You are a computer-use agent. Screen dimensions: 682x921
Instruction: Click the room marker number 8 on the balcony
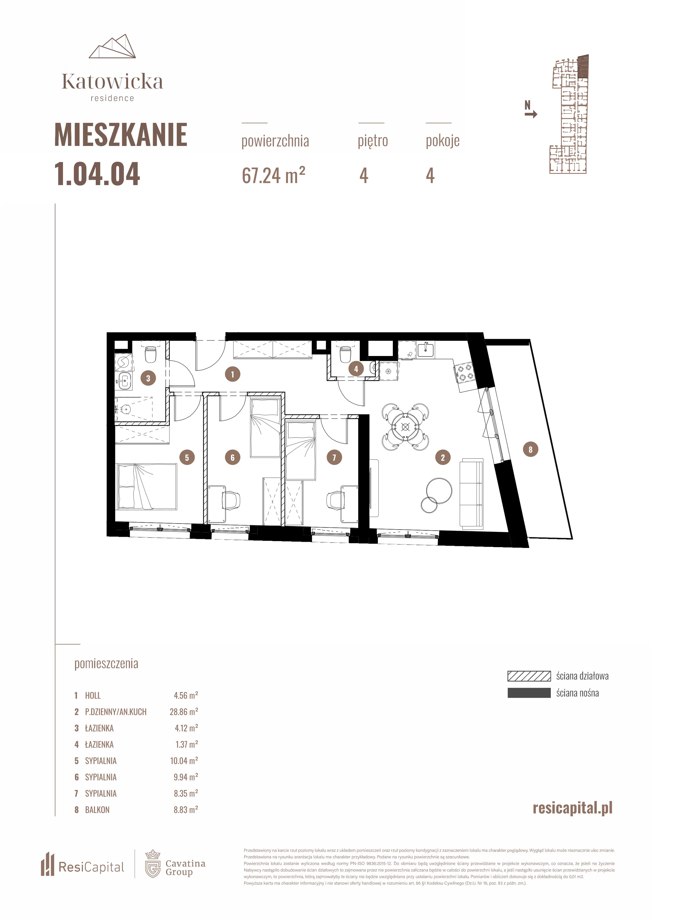[530, 449]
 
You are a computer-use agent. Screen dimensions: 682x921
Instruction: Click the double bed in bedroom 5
[147, 486]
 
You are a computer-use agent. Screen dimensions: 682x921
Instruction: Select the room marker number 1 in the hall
[233, 374]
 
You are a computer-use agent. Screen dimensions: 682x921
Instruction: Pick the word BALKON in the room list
[98, 810]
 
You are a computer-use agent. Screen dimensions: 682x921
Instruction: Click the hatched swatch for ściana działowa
[529, 676]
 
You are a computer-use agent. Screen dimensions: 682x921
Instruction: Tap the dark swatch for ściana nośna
[529, 693]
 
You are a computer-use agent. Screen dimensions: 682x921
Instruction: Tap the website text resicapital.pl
[573, 808]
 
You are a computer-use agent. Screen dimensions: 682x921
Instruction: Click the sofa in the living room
[471, 494]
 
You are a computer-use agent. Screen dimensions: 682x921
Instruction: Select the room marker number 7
[334, 457]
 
